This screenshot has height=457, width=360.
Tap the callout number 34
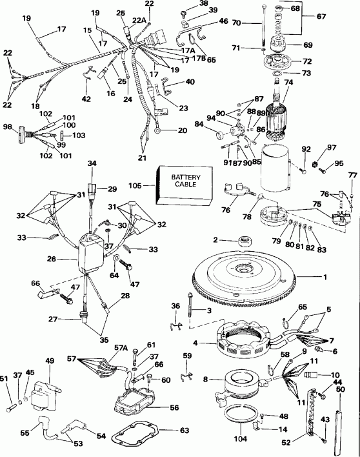coord(92,164)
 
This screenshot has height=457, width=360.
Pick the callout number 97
coord(332,148)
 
